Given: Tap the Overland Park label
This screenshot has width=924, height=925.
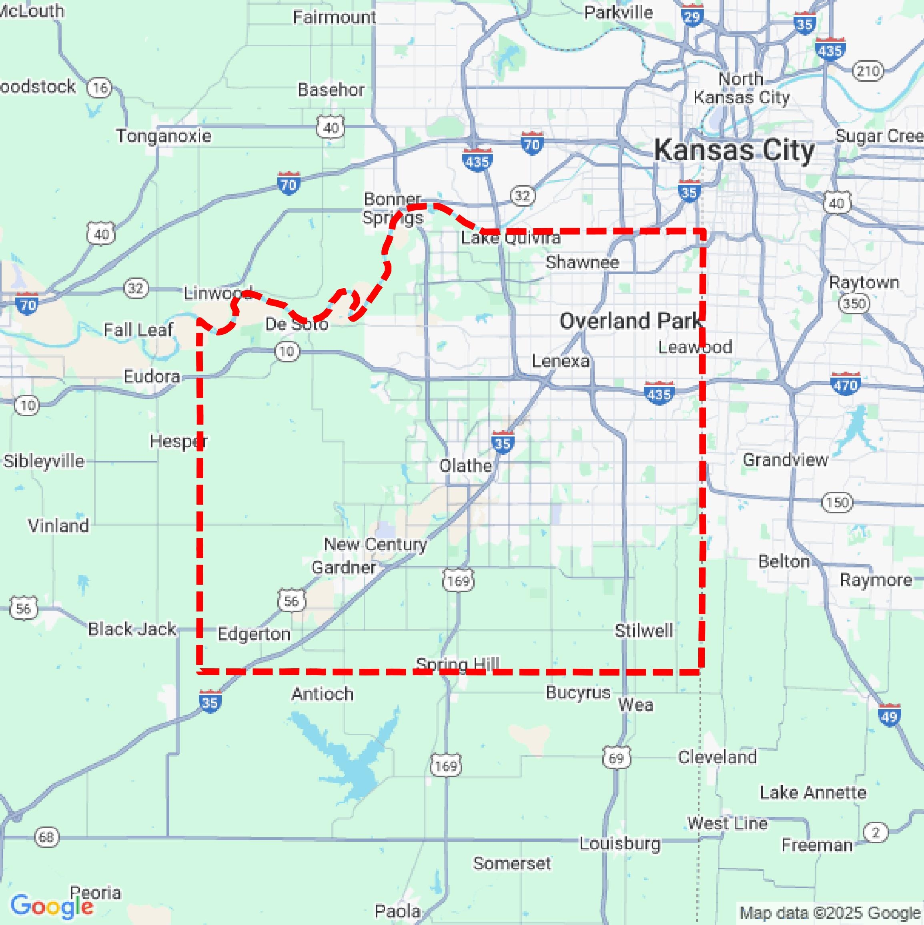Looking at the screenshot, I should [631, 321].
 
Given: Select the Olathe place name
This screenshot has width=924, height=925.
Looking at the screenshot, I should [465, 465].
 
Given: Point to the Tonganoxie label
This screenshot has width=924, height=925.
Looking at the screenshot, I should [164, 136].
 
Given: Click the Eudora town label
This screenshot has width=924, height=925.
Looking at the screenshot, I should [152, 376].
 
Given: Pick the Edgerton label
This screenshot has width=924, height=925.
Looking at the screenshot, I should [254, 634].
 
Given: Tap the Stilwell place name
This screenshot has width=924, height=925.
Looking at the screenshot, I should [643, 631].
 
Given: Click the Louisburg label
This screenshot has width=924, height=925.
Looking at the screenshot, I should [620, 843].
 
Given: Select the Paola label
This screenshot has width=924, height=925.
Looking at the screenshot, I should [397, 911].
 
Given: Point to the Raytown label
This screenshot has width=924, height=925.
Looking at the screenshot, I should [864, 282].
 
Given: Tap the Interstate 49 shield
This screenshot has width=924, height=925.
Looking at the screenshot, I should [889, 716].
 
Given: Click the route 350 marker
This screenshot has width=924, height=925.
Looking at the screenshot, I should [854, 304].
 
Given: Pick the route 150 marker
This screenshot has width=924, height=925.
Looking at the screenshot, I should [837, 503].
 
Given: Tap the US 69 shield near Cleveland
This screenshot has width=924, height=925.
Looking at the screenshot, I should [616, 758].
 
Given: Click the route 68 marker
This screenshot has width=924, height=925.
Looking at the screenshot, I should [46, 837].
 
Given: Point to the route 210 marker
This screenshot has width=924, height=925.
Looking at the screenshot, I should [868, 71].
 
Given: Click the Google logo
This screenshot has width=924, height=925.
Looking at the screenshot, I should [52, 906].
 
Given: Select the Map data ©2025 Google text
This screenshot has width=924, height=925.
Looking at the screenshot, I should [830, 913].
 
